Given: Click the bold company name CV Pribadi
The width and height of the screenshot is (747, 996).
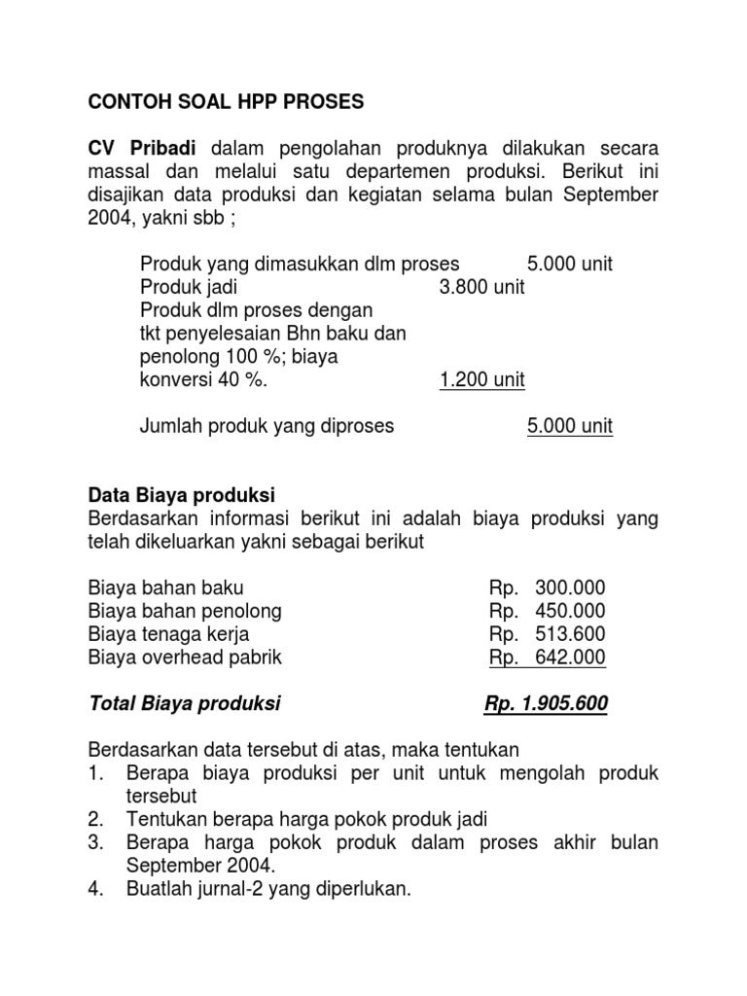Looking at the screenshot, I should coord(142,149).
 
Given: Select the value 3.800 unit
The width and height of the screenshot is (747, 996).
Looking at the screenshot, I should coord(481,288).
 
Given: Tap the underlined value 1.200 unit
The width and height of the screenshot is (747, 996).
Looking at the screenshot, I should coord(481,380).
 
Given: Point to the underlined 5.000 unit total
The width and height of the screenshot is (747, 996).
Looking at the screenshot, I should coord(570,426).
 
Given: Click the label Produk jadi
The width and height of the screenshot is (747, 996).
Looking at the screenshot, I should coord(189,288).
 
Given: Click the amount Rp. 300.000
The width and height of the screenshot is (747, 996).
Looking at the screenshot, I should coord(547,587).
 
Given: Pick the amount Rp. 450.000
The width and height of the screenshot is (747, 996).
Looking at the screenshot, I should coord(547,611).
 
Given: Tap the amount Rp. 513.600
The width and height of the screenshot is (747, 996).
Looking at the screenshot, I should coord(547,634).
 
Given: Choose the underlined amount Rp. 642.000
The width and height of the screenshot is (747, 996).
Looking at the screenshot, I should coord(547,658).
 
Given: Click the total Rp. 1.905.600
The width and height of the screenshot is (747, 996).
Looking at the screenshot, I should coord(546,703).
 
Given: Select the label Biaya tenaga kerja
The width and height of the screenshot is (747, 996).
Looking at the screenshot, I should coord(168,634).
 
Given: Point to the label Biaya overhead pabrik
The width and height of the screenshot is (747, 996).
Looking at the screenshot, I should coord(185,658).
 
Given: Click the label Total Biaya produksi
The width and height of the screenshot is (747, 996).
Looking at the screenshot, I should coord(185,703).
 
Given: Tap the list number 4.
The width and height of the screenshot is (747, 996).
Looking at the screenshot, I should coord(94,887).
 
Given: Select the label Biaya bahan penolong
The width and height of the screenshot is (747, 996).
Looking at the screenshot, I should coord(185,611).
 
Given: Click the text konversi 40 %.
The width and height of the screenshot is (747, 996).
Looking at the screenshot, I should coord(202,380).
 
